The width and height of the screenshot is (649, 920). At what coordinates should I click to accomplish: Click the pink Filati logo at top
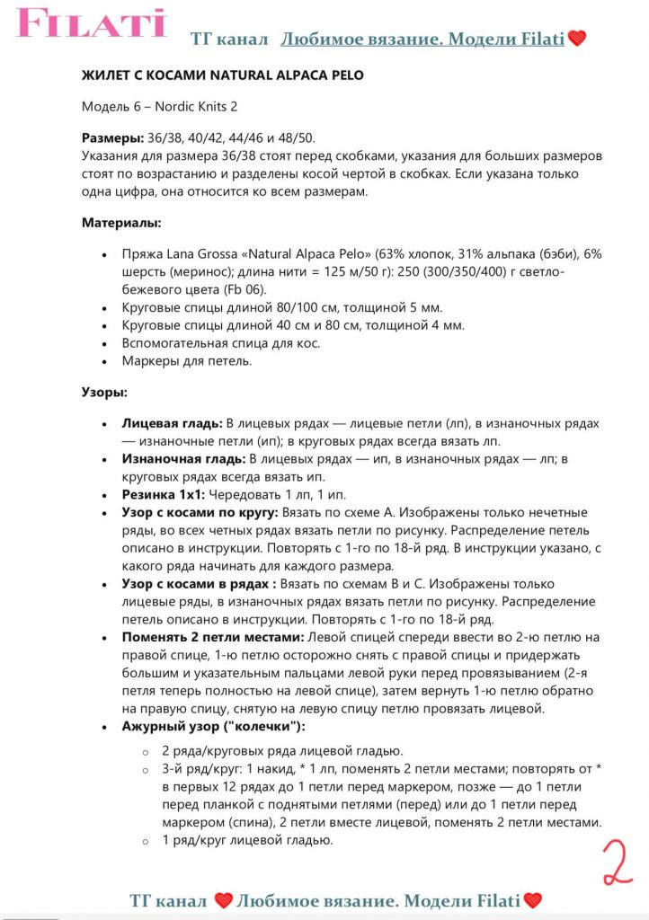coord(91,23)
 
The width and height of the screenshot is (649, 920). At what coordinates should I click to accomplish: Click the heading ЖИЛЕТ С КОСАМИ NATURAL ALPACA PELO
coord(222,75)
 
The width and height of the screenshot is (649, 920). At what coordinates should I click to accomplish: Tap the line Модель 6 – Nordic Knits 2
coord(159,107)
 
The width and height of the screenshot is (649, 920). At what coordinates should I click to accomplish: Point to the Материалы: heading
coord(121,222)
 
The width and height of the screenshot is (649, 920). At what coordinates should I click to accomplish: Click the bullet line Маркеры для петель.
coord(188,361)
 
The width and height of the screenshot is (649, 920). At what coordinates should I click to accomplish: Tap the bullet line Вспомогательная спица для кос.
coord(221,343)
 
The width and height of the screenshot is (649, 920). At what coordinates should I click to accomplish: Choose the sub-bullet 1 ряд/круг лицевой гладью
coord(247,840)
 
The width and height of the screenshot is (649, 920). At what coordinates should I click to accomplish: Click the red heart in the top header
coord(576,39)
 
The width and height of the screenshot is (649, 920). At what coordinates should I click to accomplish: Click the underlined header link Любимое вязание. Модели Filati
coord(422,40)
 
